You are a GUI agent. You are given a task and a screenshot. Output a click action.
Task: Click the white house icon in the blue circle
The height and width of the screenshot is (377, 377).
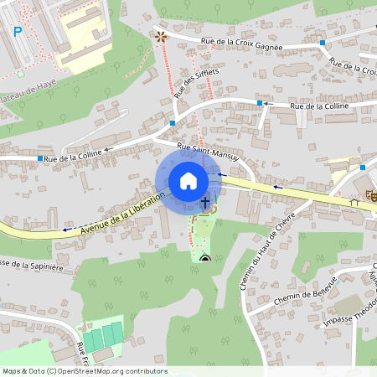point(188,181)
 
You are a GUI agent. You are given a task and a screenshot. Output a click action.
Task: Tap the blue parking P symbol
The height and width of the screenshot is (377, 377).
point(18,32)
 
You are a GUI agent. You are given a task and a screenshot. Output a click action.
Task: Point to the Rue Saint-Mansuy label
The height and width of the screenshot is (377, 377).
point(209,152)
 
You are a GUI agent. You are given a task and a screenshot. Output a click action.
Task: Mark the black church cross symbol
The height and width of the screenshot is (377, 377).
point(205,202)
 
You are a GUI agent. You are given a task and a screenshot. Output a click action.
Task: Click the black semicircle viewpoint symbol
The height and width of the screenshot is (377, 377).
point(205,258)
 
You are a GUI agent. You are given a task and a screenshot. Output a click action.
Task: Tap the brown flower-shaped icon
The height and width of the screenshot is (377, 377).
point(160,36)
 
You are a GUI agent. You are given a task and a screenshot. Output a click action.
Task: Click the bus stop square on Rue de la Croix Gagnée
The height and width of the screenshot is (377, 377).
point(322,41)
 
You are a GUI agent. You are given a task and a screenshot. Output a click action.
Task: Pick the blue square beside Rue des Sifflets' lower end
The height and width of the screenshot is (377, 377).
point(173,122)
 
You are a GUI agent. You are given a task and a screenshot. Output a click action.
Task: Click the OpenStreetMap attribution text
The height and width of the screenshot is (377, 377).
point(85,370)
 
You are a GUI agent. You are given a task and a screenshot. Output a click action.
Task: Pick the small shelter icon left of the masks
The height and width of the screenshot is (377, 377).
point(354,201)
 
